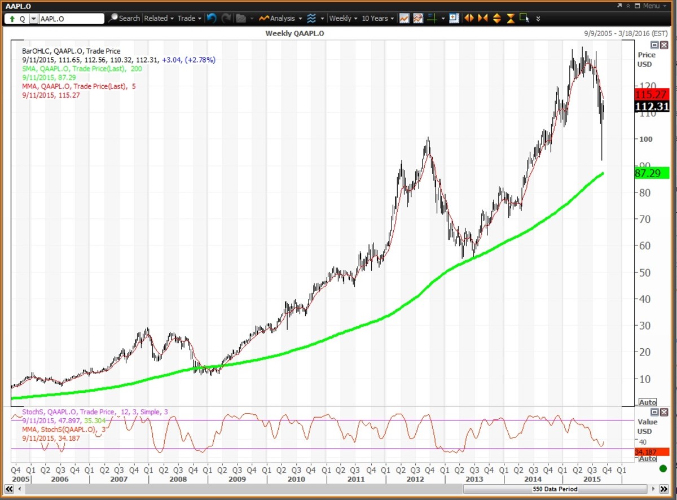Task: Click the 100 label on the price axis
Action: coord(645,139)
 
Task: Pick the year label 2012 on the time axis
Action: coord(415,479)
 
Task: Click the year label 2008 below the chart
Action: coord(178,479)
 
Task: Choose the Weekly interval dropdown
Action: coord(342,18)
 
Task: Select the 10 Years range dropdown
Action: coord(377,18)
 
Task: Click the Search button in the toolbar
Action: coord(124,18)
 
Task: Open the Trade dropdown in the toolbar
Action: coord(189,18)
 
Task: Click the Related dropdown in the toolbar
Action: coord(159,18)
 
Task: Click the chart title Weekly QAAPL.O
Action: coord(294,33)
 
